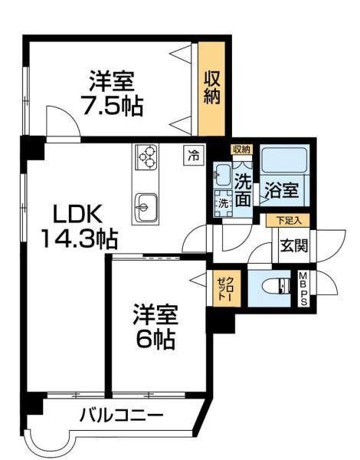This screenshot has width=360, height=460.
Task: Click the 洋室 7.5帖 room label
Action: pos(113,94)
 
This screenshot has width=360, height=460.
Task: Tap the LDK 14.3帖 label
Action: pos(79,226)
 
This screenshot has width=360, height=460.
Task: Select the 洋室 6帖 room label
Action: pos(155,327)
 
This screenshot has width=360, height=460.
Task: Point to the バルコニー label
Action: pos(121,416)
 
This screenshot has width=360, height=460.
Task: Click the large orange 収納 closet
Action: pos(211,88)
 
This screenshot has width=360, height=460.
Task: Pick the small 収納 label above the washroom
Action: pos(241,149)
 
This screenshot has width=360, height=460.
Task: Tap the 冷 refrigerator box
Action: pos(194,155)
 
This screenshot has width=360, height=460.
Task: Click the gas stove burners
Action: pos(146,157)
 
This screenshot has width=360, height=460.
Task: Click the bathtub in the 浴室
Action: pos(284,160)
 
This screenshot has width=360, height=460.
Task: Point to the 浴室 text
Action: pos(281,191)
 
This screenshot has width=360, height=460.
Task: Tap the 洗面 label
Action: pos(244,191)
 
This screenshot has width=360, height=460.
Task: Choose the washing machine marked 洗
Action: pos(224,204)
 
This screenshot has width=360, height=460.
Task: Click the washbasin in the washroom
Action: pos(222,175)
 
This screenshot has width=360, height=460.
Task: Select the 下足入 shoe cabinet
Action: pos(288,221)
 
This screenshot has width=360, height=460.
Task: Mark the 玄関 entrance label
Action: pos(294,246)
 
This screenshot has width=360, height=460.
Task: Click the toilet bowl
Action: pos(277,286)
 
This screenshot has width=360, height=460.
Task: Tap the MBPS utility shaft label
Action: pos(303,289)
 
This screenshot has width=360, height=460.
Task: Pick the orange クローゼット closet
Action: pos(227,288)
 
